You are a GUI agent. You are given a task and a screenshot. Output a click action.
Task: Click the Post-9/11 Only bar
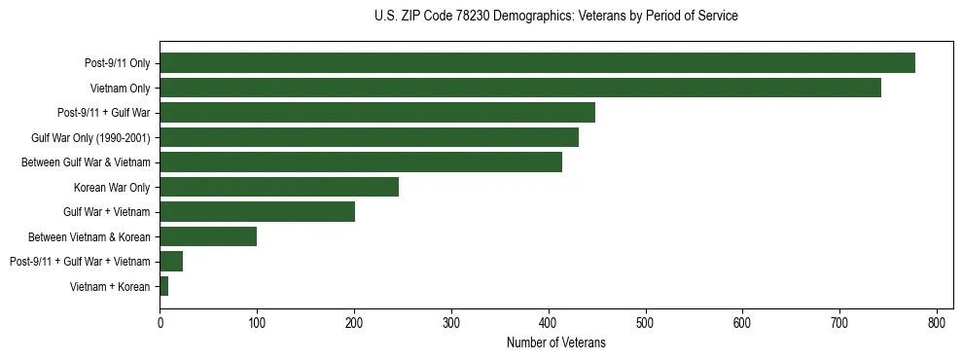[537, 63]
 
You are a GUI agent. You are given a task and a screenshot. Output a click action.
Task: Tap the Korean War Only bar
[279, 187]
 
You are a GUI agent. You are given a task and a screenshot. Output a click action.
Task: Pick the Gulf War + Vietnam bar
[257, 212]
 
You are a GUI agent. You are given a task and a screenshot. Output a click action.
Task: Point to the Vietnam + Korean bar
[164, 286]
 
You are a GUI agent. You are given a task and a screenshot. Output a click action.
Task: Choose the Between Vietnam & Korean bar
[208, 236]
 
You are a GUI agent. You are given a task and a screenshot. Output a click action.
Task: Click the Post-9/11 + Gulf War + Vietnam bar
[171, 262]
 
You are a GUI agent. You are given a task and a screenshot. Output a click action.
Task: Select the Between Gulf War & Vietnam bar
[361, 162]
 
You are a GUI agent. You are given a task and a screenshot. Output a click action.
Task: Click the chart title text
[555, 17]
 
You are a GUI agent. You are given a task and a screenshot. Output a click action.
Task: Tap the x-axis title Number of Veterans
[555, 342]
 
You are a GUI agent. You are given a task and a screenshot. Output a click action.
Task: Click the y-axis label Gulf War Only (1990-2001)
[91, 137]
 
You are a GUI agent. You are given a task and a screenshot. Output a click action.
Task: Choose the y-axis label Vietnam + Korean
[110, 286]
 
